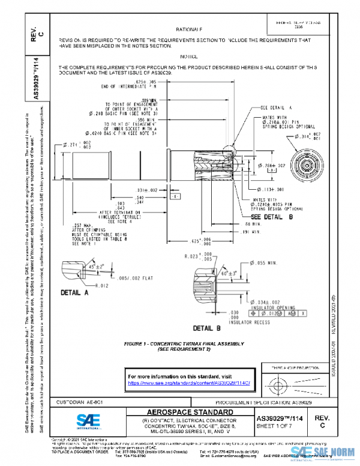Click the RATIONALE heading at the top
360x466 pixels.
pyautogui.click(x=189, y=29)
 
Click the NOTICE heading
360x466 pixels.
pyautogui.click(x=189, y=55)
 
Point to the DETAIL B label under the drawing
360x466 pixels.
pyautogui.click(x=207, y=328)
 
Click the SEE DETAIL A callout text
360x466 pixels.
pyautogui.click(x=276, y=108)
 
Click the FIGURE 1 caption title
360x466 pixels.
pyautogui.click(x=183, y=343)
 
